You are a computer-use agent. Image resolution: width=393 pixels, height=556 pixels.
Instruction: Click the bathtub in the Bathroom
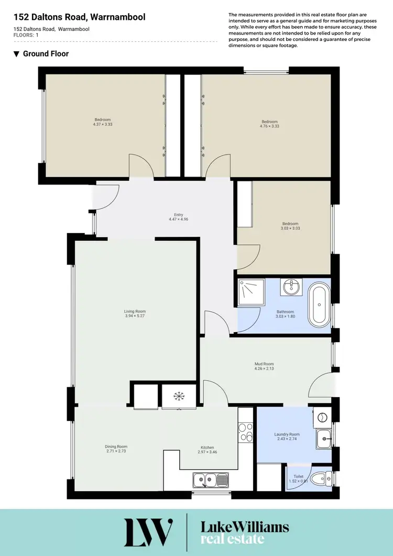pyautogui.click(x=319, y=305)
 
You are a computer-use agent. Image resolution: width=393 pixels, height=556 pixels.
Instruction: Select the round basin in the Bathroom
pyautogui.click(x=290, y=287)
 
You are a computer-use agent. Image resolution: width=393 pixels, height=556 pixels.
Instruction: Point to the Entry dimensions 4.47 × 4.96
pyautogui.click(x=179, y=219)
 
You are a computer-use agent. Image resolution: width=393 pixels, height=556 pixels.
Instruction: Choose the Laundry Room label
pyautogui.click(x=287, y=434)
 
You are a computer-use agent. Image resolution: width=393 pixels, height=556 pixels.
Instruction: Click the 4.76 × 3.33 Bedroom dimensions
pyautogui.click(x=269, y=126)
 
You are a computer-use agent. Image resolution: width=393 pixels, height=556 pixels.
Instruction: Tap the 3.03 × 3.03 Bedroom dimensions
pyautogui.click(x=290, y=228)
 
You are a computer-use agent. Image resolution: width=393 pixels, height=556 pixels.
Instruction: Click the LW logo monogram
pyautogui.click(x=148, y=532)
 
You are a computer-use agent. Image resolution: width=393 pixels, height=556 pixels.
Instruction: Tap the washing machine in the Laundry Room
pyautogui.click(x=323, y=417)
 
